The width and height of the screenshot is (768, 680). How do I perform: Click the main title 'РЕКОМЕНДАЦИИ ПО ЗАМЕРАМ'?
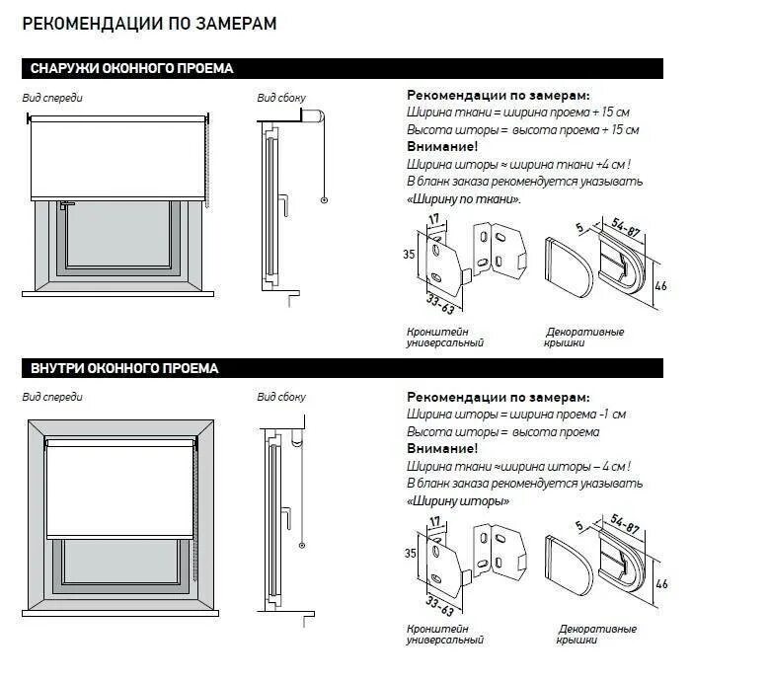(149, 24)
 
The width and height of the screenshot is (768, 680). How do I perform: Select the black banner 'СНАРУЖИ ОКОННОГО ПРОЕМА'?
(131, 69)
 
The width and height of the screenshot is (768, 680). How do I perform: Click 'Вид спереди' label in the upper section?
(52, 99)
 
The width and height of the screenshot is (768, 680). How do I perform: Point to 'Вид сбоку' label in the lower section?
(281, 398)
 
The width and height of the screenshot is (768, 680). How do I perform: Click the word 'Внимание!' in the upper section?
(435, 146)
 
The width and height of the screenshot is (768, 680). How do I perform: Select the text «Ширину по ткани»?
(463, 199)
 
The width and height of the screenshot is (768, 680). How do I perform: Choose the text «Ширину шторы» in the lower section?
(458, 500)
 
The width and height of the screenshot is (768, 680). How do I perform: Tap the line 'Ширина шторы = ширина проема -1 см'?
(516, 415)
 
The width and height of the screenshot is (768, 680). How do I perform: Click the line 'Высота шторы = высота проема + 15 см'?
(522, 129)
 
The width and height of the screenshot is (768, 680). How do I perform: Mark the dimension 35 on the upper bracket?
(410, 254)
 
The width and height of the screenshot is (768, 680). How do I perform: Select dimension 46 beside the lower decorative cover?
(661, 584)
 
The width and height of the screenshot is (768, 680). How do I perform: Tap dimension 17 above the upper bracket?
(433, 220)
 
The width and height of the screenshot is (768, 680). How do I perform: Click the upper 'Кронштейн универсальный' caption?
(444, 338)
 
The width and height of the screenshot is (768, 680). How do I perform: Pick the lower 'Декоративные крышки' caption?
(597, 635)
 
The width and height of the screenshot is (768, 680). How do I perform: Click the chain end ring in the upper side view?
(324, 200)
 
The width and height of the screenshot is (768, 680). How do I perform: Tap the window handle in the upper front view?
(64, 206)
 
